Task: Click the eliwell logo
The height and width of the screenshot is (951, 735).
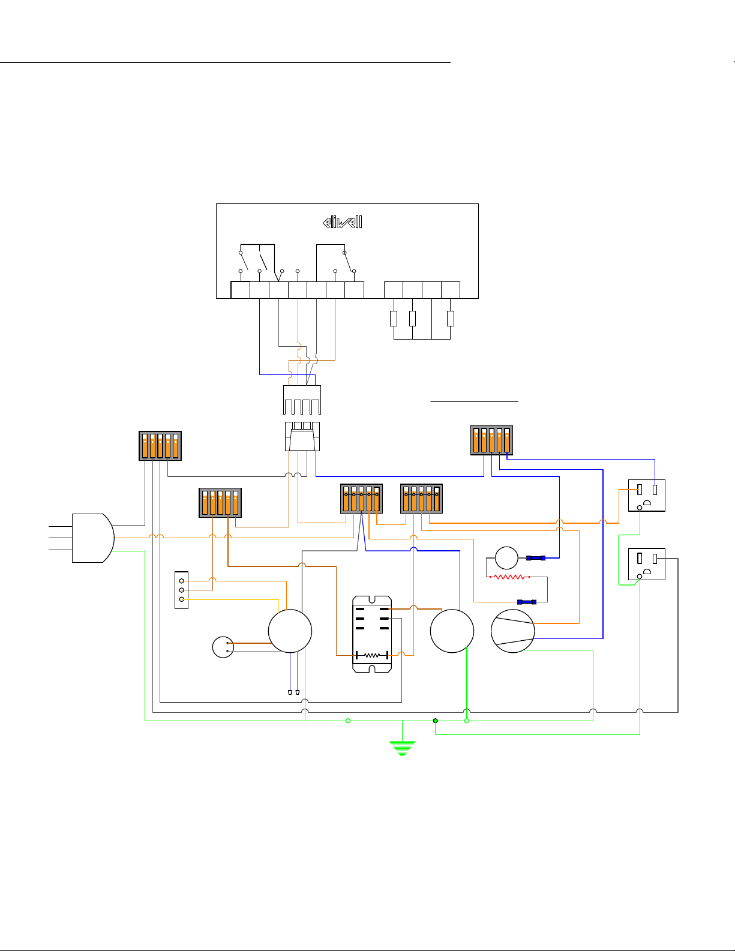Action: [x=343, y=223]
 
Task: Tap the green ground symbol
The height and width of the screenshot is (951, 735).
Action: [x=402, y=748]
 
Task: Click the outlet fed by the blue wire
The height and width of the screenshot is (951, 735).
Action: [x=647, y=496]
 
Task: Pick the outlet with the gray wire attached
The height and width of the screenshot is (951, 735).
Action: [x=647, y=564]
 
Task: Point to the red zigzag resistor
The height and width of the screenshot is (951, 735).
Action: [x=509, y=577]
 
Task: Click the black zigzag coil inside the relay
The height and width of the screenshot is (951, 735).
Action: [x=372, y=655]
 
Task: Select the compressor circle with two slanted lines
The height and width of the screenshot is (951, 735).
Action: [x=513, y=631]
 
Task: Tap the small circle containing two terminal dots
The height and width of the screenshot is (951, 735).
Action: [x=223, y=647]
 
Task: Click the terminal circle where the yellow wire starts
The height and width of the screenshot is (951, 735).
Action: [x=182, y=599]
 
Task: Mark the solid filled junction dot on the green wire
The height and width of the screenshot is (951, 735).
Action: [x=436, y=721]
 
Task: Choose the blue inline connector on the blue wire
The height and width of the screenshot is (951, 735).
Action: [x=536, y=558]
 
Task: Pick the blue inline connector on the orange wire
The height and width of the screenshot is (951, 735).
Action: [x=527, y=602]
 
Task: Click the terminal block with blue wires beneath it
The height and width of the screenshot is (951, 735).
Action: [x=492, y=440]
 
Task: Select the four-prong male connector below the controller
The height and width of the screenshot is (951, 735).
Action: [x=302, y=400]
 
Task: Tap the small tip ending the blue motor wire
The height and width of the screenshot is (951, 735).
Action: [x=290, y=692]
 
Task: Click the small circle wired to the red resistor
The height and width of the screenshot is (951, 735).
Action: [x=506, y=558]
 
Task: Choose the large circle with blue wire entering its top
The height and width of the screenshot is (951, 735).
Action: [x=452, y=631]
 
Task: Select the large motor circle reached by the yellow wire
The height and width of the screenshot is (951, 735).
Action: [x=290, y=631]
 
